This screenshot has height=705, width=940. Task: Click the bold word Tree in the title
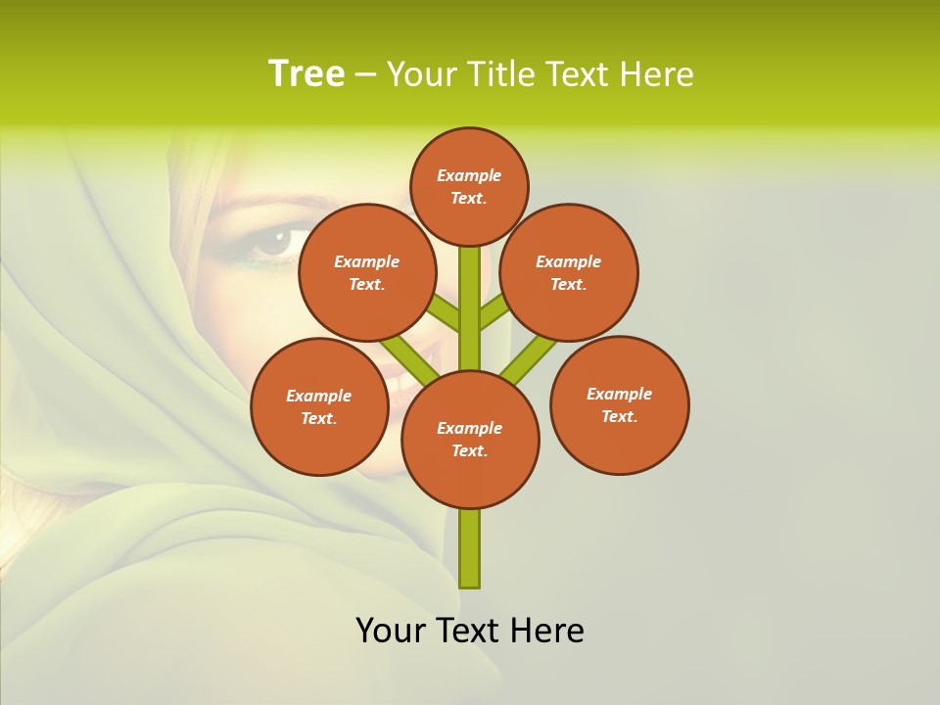(306, 73)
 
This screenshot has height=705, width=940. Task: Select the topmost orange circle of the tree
(469, 186)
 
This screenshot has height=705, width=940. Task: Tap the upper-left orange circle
(366, 272)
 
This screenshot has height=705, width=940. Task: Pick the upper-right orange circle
(569, 272)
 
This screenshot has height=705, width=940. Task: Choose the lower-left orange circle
(319, 406)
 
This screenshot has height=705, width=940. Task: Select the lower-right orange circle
(619, 404)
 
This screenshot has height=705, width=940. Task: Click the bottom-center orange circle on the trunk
(470, 439)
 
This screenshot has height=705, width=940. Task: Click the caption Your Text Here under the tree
(470, 630)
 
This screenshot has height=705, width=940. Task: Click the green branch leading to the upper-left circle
(443, 313)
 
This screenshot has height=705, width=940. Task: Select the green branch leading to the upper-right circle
(495, 311)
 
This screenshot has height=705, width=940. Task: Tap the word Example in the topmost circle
(469, 175)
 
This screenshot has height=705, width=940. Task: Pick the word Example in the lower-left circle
(318, 396)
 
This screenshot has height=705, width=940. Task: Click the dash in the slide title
(365, 74)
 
